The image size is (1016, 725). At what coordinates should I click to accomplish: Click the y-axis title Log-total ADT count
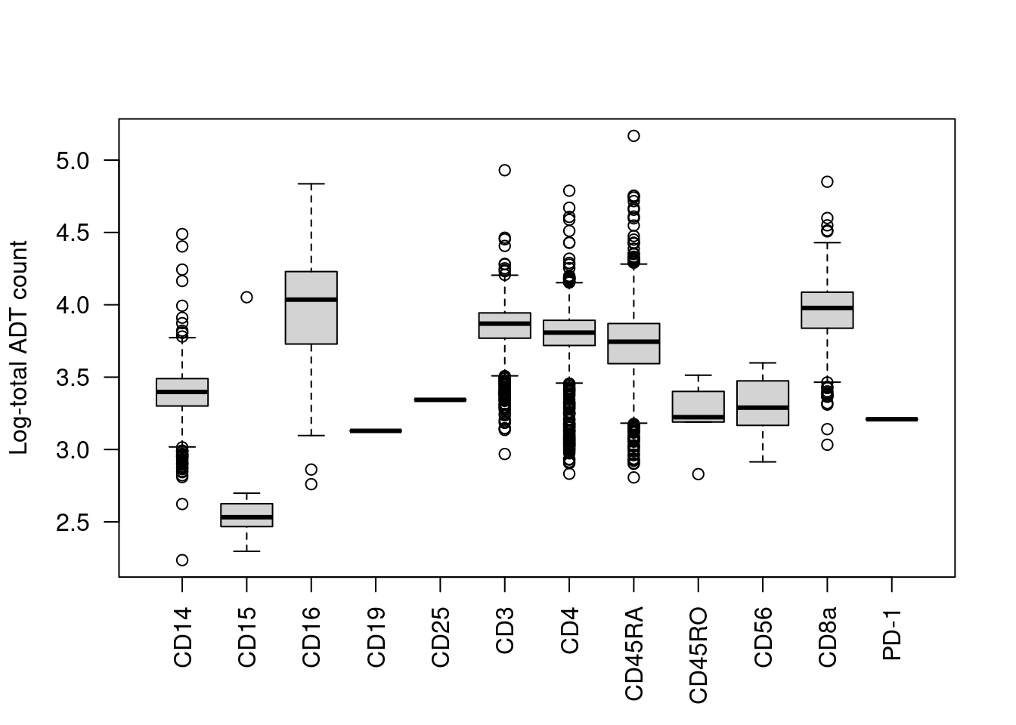pyautogui.click(x=19, y=347)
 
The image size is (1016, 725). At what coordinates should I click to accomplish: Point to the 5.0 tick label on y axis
pyautogui.click(x=73, y=161)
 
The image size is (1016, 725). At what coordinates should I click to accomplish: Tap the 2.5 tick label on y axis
pyautogui.click(x=73, y=523)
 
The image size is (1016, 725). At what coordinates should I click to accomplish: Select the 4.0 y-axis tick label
pyautogui.click(x=73, y=305)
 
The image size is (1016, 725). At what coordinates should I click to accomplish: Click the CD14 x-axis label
pyautogui.click(x=183, y=637)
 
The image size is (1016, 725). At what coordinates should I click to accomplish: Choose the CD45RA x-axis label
pyautogui.click(x=634, y=652)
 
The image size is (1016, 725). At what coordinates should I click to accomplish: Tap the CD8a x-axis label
pyautogui.click(x=828, y=637)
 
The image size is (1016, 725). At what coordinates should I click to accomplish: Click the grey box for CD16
pyautogui.click(x=311, y=307)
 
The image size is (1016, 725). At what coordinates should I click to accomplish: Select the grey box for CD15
pyautogui.click(x=246, y=515)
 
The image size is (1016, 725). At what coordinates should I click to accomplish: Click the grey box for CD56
pyautogui.click(x=763, y=403)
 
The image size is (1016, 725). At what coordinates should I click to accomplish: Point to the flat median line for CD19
pyautogui.click(x=376, y=430)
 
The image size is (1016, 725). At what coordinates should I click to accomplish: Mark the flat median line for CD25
pyautogui.click(x=440, y=400)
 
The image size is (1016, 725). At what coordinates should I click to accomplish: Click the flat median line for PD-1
pyautogui.click(x=892, y=419)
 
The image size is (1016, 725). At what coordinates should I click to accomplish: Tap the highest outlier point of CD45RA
pyautogui.click(x=633, y=136)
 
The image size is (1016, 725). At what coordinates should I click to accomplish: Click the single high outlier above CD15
pyautogui.click(x=246, y=297)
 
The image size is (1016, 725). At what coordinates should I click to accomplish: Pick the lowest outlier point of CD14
pyautogui.click(x=182, y=560)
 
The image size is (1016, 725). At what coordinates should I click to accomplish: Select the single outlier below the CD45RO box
pyautogui.click(x=698, y=474)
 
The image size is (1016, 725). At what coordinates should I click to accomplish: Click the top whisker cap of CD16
pyautogui.click(x=311, y=184)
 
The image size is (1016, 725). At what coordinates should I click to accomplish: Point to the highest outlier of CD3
pyautogui.click(x=505, y=170)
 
